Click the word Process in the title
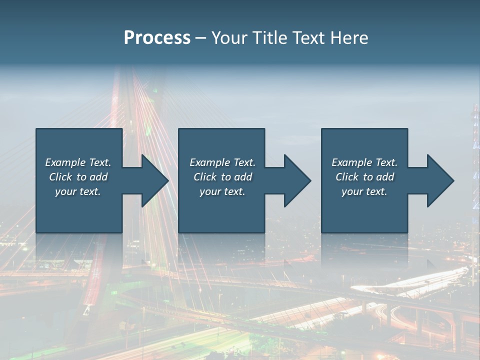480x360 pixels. (x=157, y=38)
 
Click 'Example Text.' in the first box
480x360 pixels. (x=78, y=162)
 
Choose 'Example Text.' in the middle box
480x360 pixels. (x=222, y=162)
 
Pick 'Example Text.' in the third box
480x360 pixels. (x=364, y=162)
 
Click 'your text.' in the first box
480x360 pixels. (x=78, y=191)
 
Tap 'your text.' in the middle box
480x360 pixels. (x=222, y=191)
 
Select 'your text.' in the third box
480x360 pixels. (x=364, y=191)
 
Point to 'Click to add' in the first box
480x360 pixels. (x=78, y=177)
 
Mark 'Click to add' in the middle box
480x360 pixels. (x=222, y=177)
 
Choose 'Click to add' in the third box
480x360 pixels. (x=364, y=177)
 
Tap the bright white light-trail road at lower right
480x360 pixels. (x=410, y=283)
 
